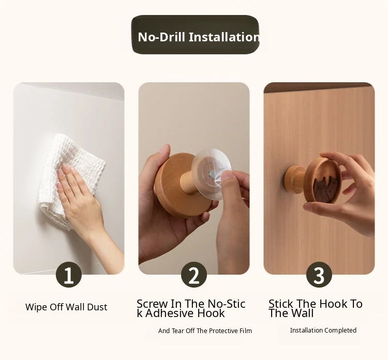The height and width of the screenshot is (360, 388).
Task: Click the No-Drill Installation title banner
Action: click(195, 35)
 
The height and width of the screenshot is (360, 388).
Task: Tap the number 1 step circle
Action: click(69, 274)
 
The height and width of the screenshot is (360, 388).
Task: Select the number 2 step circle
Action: click(194, 274)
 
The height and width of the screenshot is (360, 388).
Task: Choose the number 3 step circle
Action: click(319, 274)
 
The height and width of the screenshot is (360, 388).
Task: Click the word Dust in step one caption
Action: click(97, 307)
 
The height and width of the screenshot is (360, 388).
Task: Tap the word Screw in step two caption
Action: click(152, 304)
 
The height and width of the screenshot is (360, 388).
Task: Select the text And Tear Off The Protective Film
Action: click(205, 331)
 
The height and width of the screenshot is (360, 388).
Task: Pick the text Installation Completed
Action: click(323, 331)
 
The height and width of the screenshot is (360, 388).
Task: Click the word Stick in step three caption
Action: click(280, 304)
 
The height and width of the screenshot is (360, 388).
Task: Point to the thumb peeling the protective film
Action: click(229, 177)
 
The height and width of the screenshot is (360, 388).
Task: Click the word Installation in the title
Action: click(224, 37)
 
